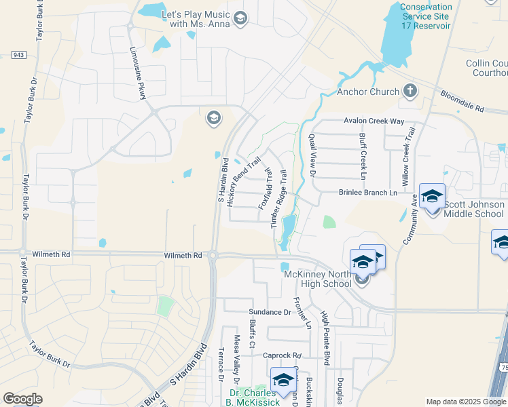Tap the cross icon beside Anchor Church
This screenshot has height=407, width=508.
[x=410, y=91]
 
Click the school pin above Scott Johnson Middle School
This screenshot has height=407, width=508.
[x=432, y=196]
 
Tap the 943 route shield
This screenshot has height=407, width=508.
[x=19, y=55]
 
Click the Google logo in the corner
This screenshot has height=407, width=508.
[x=22, y=398]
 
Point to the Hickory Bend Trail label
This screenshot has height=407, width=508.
[x=244, y=181]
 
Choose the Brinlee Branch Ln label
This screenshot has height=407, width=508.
[x=367, y=193]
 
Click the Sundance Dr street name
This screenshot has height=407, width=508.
[x=268, y=312]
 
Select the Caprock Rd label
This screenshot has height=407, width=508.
[x=281, y=355]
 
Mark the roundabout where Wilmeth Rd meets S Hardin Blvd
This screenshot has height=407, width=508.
[x=213, y=256]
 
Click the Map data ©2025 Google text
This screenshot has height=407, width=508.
[x=466, y=402]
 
